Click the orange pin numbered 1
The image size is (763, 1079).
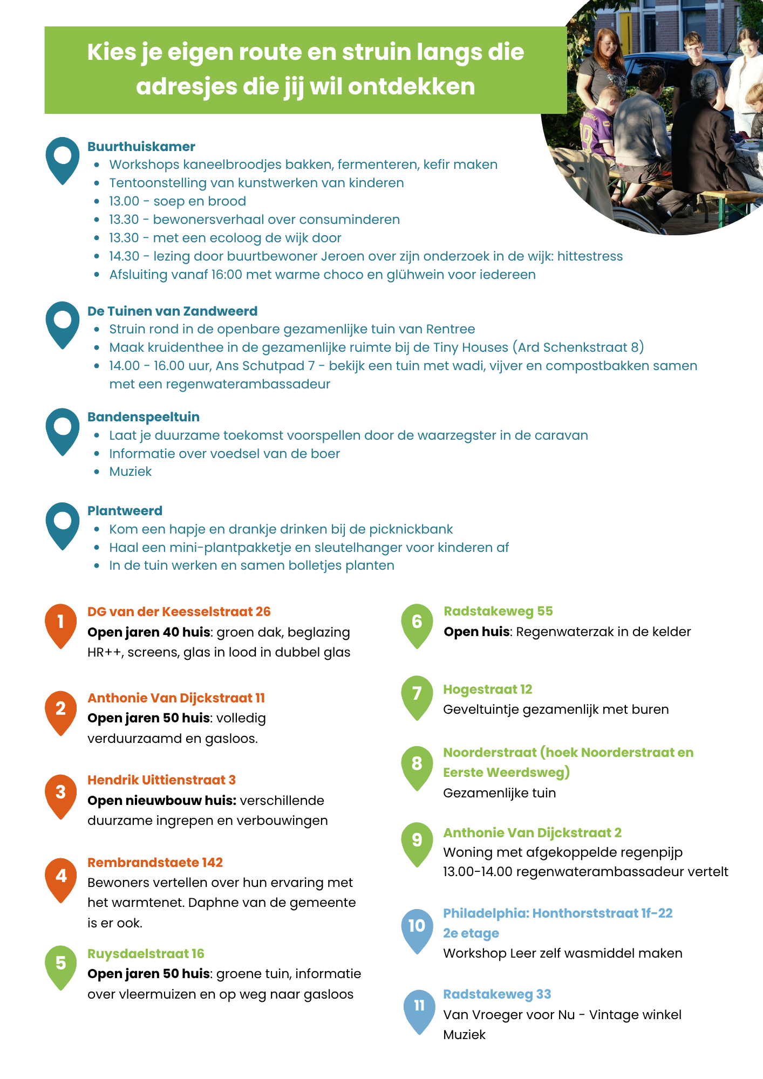coord(60,624)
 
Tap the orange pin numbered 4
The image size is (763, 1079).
coord(61,878)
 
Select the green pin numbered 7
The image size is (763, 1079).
coord(417,696)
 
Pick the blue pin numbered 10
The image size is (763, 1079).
coord(417,929)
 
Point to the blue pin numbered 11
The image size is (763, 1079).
coord(419,1009)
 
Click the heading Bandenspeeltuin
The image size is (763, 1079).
coord(144,417)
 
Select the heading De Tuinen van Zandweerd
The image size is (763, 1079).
coord(173,311)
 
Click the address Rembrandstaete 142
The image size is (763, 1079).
coord(155,863)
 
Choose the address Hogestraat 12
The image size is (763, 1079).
coord(488,689)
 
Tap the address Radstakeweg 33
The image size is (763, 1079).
coord(497,994)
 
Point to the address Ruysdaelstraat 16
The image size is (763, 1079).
coord(146,954)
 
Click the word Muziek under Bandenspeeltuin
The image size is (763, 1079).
coord(131,472)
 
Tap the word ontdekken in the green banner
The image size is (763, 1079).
coord(411,87)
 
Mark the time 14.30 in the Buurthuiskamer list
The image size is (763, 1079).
coord(124,256)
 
